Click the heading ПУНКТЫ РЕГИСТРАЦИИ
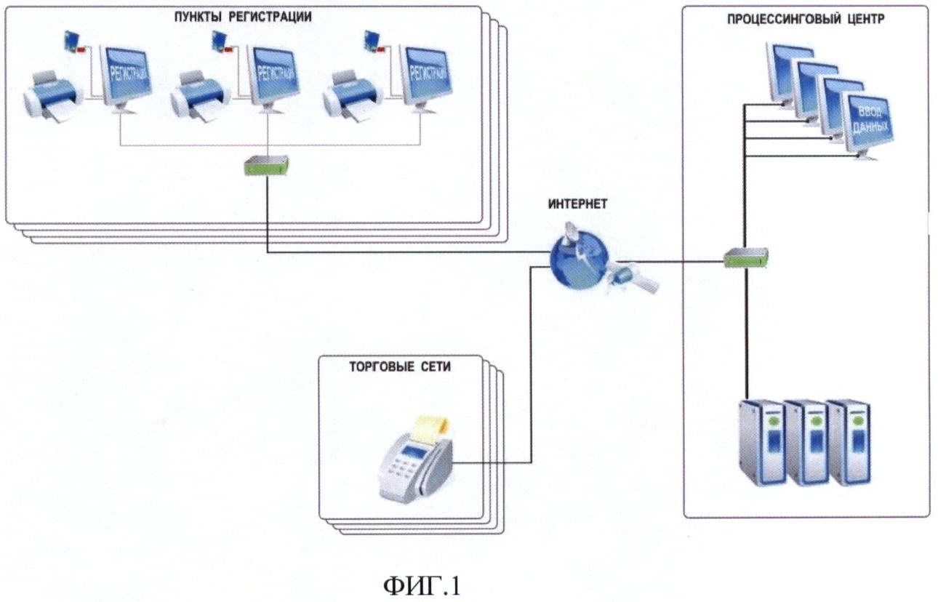tap(243, 17)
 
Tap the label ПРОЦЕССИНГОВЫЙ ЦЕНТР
tap(806, 20)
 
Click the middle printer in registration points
tap(198, 95)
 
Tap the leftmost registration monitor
tap(125, 76)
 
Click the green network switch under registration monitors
tap(268, 166)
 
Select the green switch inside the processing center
tap(746, 255)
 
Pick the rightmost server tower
tap(849, 442)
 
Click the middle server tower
tap(805, 442)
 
